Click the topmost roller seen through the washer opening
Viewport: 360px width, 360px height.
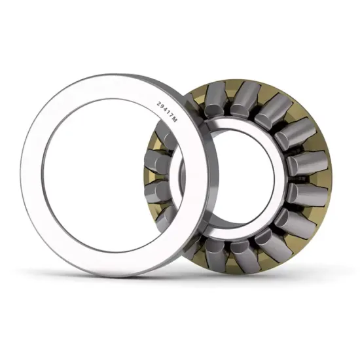pos(163,137)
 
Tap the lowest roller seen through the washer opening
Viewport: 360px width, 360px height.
pos(165,216)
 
